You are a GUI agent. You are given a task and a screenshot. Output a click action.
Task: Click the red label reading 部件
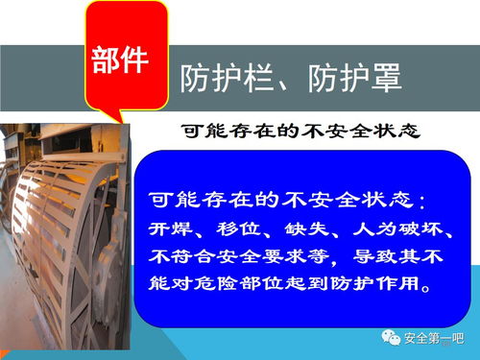[120, 60]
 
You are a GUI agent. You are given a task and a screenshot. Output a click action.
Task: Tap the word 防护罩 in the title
[345, 78]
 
